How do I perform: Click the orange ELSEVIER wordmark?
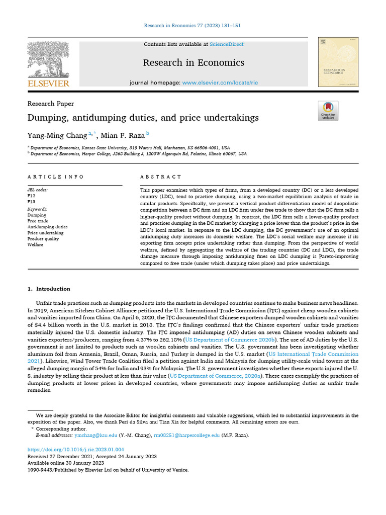[x=48, y=83]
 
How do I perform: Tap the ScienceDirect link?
[x=227, y=44]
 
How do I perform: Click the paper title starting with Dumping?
[x=143, y=118]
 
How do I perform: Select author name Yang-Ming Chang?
[x=57, y=135]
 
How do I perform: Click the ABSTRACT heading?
[x=161, y=177]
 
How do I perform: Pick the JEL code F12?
[x=32, y=196]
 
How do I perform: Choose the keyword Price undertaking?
[x=45, y=233]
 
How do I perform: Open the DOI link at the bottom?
[x=75, y=449]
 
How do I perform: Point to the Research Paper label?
[x=50, y=104]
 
